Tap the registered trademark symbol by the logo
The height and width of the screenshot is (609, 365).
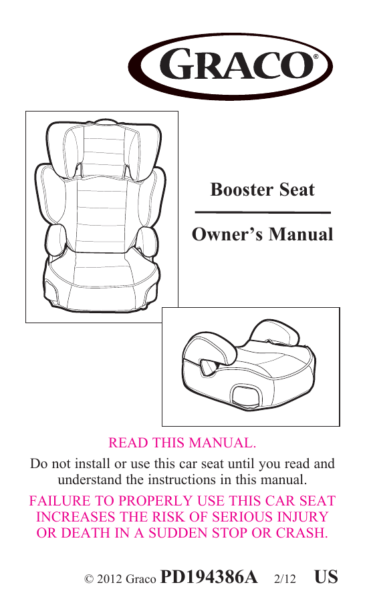click(x=316, y=57)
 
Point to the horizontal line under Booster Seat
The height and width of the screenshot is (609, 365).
click(x=263, y=212)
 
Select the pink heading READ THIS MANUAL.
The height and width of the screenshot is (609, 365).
click(x=182, y=443)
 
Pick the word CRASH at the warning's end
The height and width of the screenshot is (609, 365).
click(x=302, y=533)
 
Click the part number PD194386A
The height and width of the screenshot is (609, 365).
click(x=209, y=577)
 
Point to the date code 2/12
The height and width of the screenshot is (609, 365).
click(x=285, y=579)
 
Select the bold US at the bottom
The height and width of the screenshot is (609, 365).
click(x=326, y=577)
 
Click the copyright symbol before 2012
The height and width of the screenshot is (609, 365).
click(x=89, y=580)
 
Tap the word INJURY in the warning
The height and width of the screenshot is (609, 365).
click(x=303, y=517)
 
